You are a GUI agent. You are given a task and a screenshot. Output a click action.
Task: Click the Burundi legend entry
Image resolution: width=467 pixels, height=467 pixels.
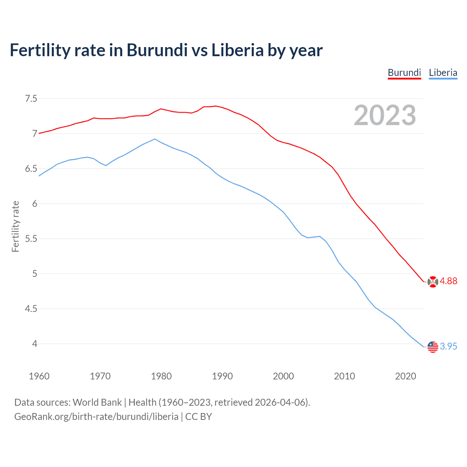click(404, 73)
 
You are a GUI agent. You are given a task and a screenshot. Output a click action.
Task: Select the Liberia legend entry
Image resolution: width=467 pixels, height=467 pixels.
click(443, 73)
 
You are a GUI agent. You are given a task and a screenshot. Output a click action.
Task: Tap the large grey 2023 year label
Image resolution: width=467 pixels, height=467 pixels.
click(385, 115)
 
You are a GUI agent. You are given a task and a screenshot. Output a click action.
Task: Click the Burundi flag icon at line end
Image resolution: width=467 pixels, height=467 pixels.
click(433, 282)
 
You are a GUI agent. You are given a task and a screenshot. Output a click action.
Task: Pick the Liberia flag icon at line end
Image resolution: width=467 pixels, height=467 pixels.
click(433, 347)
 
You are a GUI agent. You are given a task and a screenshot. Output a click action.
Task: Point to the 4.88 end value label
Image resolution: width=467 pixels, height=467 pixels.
click(448, 281)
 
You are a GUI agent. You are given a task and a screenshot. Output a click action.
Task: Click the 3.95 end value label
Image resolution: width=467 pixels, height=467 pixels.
click(448, 346)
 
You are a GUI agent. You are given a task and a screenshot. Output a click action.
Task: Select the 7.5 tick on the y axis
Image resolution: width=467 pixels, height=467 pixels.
click(31, 99)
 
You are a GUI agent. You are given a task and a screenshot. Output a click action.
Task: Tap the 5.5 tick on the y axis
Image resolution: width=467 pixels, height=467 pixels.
click(31, 239)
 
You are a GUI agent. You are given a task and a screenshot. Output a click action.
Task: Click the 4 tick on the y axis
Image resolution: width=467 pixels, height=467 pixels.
click(35, 344)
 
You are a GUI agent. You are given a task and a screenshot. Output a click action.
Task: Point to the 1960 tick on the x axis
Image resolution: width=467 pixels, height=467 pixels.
click(39, 376)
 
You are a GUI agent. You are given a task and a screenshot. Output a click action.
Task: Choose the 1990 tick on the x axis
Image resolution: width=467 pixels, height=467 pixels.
click(222, 376)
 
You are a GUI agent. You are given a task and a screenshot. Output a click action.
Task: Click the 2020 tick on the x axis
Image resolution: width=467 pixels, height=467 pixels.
click(405, 376)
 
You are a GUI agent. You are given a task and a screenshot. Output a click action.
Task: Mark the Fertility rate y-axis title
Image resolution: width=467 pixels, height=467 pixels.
click(15, 226)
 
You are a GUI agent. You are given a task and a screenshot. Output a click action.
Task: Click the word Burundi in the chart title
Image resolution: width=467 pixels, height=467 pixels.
click(157, 50)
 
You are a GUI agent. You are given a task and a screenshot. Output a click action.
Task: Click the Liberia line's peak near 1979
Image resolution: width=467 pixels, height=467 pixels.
click(155, 139)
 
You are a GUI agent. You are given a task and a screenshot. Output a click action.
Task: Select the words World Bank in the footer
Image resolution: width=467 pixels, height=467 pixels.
click(97, 402)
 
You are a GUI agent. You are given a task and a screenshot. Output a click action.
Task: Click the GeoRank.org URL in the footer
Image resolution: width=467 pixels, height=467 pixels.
click(96, 416)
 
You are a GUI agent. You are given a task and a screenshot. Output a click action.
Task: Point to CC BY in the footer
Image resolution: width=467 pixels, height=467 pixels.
click(198, 416)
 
